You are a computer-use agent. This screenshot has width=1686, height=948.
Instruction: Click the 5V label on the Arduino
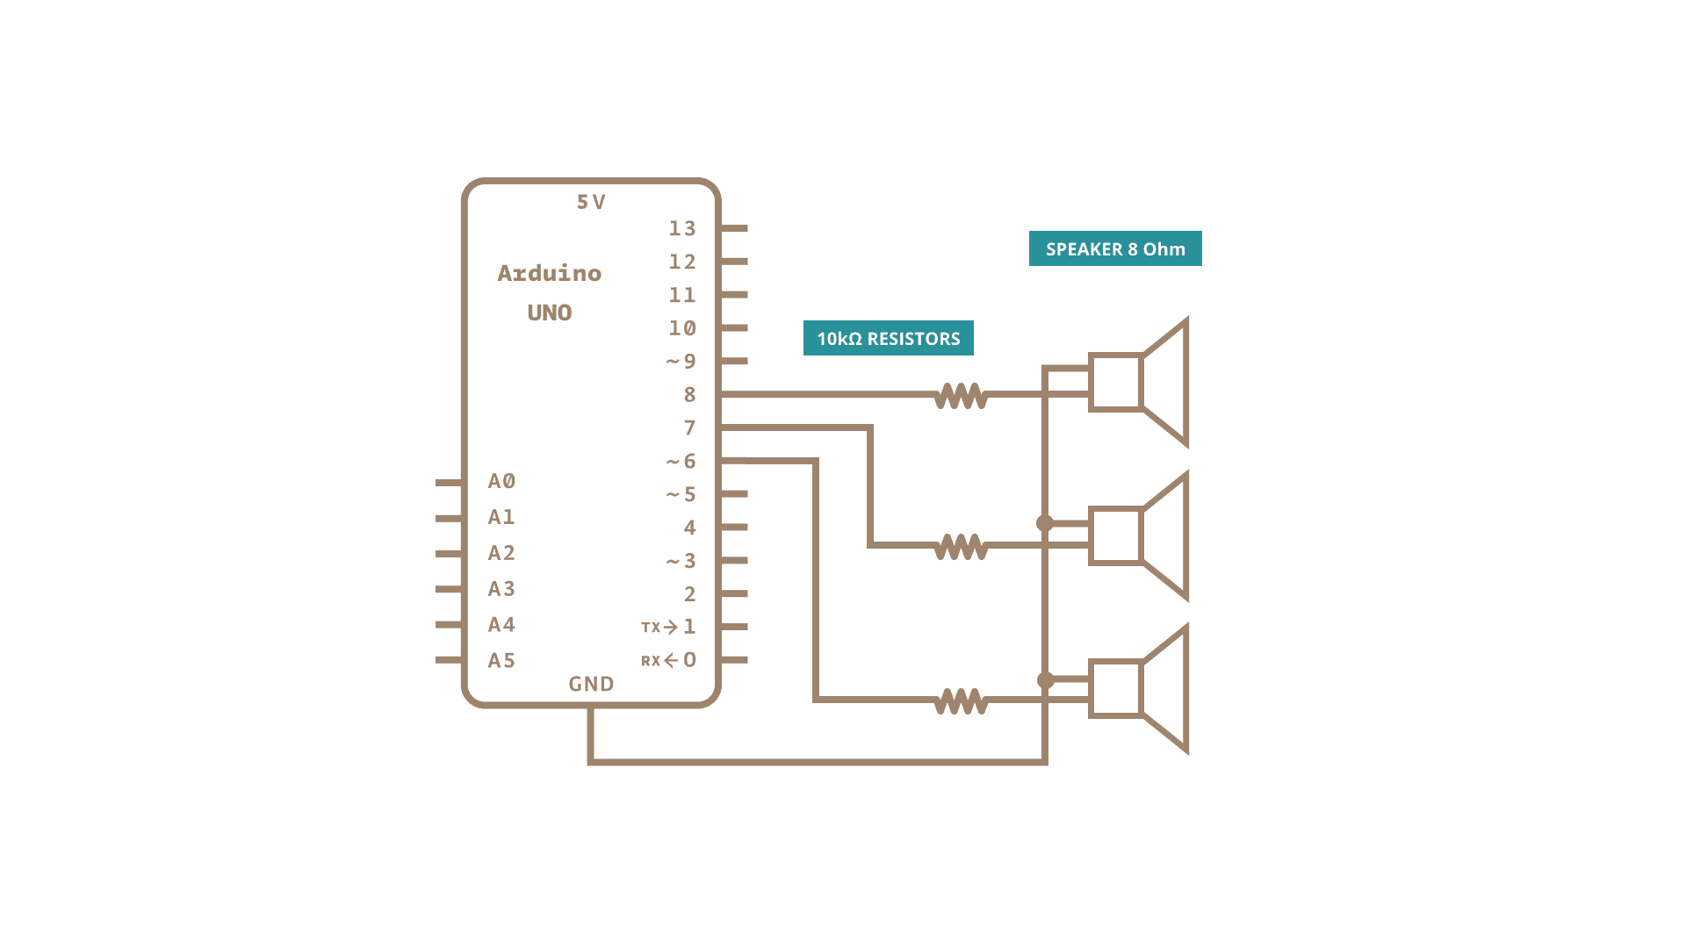click(x=591, y=202)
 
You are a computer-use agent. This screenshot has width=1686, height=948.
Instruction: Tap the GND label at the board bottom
click(x=591, y=684)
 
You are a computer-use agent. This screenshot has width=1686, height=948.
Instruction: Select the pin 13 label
click(x=682, y=229)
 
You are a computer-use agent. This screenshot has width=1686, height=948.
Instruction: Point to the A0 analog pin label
click(x=501, y=481)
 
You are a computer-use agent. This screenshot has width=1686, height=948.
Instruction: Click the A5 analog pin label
click(x=501, y=660)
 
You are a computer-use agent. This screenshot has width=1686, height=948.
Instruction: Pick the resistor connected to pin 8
click(x=961, y=396)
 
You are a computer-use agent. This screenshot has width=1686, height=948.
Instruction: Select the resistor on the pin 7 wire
click(x=961, y=547)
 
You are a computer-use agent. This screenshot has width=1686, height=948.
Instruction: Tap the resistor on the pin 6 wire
click(x=961, y=701)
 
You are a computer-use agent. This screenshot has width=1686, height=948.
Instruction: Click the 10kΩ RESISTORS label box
click(x=888, y=338)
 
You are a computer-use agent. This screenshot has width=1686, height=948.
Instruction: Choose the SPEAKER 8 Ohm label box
click(x=1115, y=248)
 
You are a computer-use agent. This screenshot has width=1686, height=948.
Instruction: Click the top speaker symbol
click(x=1139, y=382)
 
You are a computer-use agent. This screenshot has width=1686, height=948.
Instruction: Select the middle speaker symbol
click(x=1139, y=535)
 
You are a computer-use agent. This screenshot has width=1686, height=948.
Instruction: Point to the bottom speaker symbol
click(x=1139, y=689)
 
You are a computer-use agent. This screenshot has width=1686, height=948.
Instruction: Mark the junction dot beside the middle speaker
click(x=1045, y=523)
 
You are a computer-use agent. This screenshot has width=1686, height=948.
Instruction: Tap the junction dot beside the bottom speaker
click(x=1045, y=679)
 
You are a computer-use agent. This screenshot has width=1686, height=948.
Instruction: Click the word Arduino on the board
click(x=550, y=273)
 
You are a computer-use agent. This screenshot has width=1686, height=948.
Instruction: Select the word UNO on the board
click(x=550, y=312)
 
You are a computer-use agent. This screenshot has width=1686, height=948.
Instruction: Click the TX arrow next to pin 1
click(x=670, y=627)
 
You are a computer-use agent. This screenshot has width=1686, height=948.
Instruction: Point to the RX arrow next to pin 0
click(x=671, y=660)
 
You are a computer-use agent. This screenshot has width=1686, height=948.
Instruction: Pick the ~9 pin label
click(x=681, y=362)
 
